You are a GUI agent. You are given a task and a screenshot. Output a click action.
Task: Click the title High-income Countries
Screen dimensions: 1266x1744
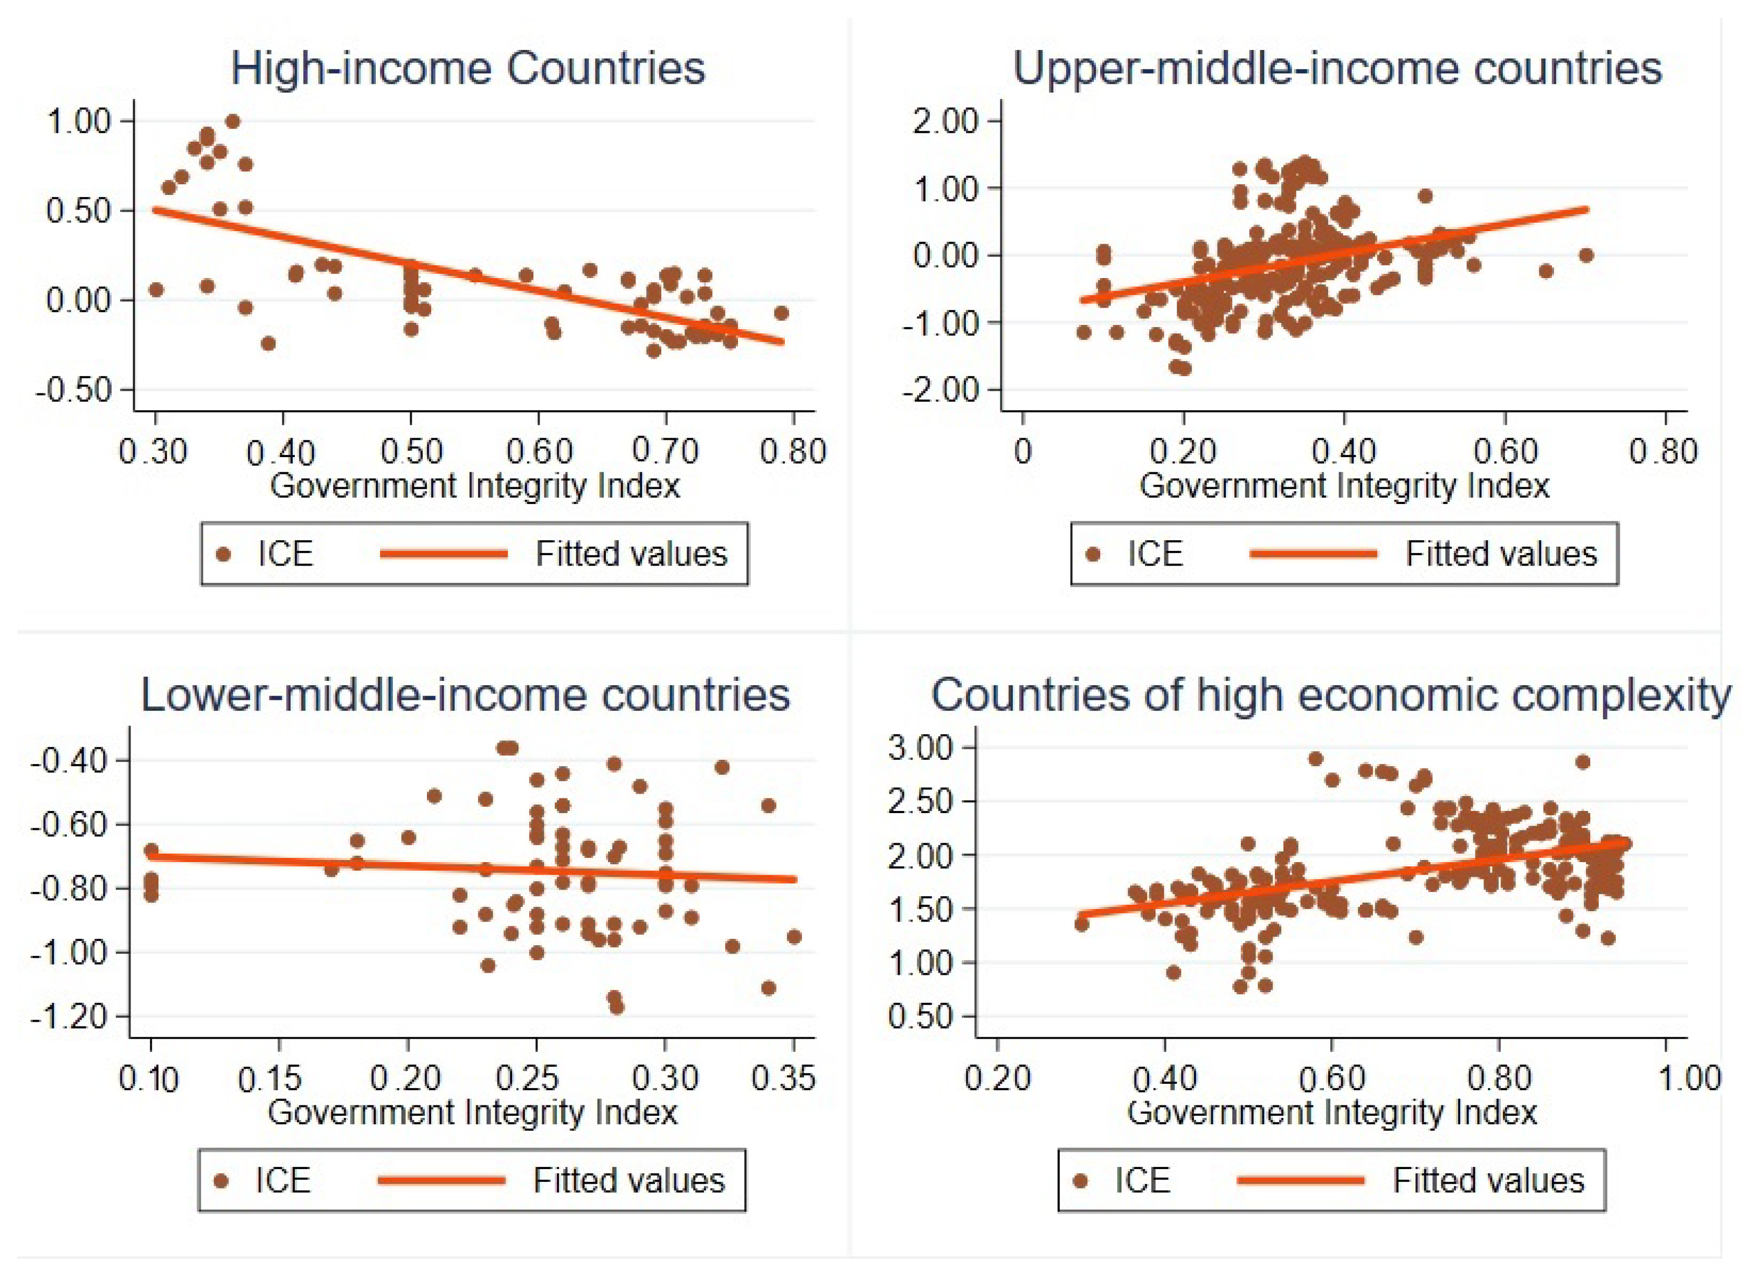tap(467, 68)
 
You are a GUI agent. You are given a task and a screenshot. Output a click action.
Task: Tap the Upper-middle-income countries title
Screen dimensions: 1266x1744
tap(1337, 68)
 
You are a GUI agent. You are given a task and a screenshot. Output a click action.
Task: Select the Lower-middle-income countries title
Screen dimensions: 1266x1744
tap(465, 695)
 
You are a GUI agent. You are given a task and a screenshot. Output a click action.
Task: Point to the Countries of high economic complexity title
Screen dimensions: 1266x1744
tap(1330, 695)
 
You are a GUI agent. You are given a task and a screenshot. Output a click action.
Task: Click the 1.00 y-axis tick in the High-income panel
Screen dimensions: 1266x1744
tap(78, 121)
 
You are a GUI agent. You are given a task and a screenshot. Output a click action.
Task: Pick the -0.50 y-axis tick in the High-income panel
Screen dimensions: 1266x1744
tap(74, 390)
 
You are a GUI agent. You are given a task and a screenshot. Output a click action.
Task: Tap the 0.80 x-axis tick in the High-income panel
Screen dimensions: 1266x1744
tap(793, 451)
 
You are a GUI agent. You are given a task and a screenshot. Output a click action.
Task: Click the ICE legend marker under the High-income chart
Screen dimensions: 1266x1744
tap(224, 555)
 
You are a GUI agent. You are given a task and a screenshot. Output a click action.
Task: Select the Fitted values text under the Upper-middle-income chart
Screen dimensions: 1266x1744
tap(1501, 555)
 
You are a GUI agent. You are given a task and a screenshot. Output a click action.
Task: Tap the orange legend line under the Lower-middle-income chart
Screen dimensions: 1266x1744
tap(441, 1181)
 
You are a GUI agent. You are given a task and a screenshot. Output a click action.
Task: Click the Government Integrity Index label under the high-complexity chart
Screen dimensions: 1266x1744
tap(1332, 1112)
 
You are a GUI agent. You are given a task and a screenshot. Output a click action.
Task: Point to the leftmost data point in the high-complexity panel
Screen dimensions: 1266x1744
tap(1081, 924)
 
